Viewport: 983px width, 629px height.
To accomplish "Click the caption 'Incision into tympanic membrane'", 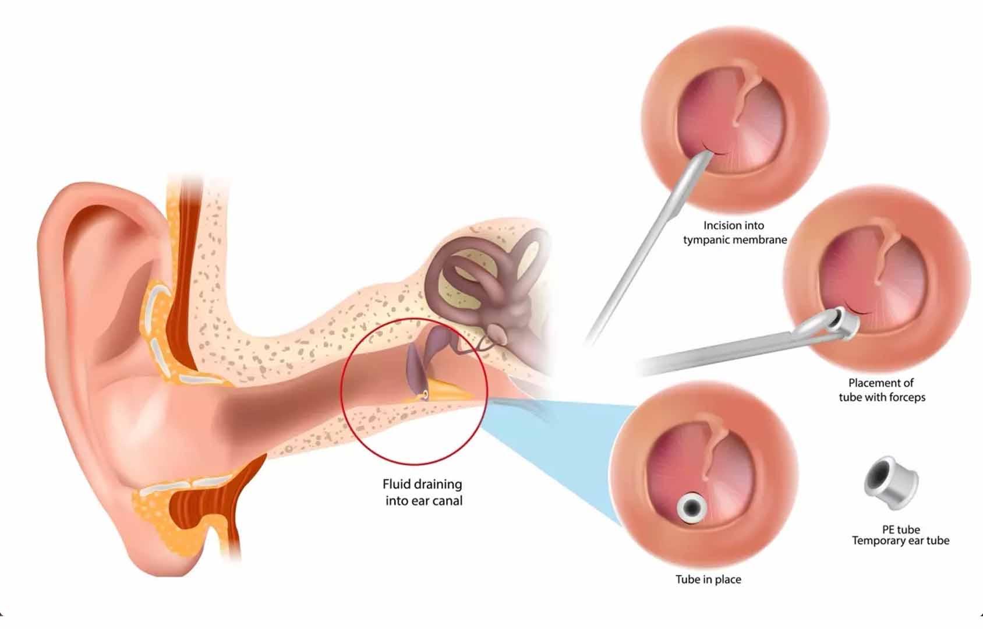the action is coord(734,232).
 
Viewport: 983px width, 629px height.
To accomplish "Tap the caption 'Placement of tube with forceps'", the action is coord(882,390).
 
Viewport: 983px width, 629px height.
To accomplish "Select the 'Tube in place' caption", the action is coord(708,579).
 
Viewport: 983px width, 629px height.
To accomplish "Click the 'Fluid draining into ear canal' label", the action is coord(423,492).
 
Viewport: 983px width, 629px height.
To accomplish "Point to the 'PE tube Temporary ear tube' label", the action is coord(900,535).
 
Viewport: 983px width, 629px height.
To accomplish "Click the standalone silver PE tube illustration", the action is coord(892,483).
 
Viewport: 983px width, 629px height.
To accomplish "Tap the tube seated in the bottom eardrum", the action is coord(692,508).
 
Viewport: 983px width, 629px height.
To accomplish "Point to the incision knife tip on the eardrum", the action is coord(708,154).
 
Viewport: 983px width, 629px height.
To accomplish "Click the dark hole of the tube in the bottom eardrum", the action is coord(692,508).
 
